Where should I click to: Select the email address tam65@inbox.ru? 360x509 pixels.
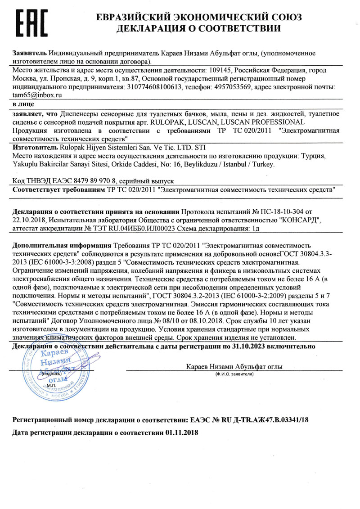pyautogui.click(x=37, y=95)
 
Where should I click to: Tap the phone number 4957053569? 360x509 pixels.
pyautogui.click(x=238, y=87)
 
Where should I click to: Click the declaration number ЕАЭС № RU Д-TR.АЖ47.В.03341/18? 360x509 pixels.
pyautogui.click(x=247, y=419)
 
